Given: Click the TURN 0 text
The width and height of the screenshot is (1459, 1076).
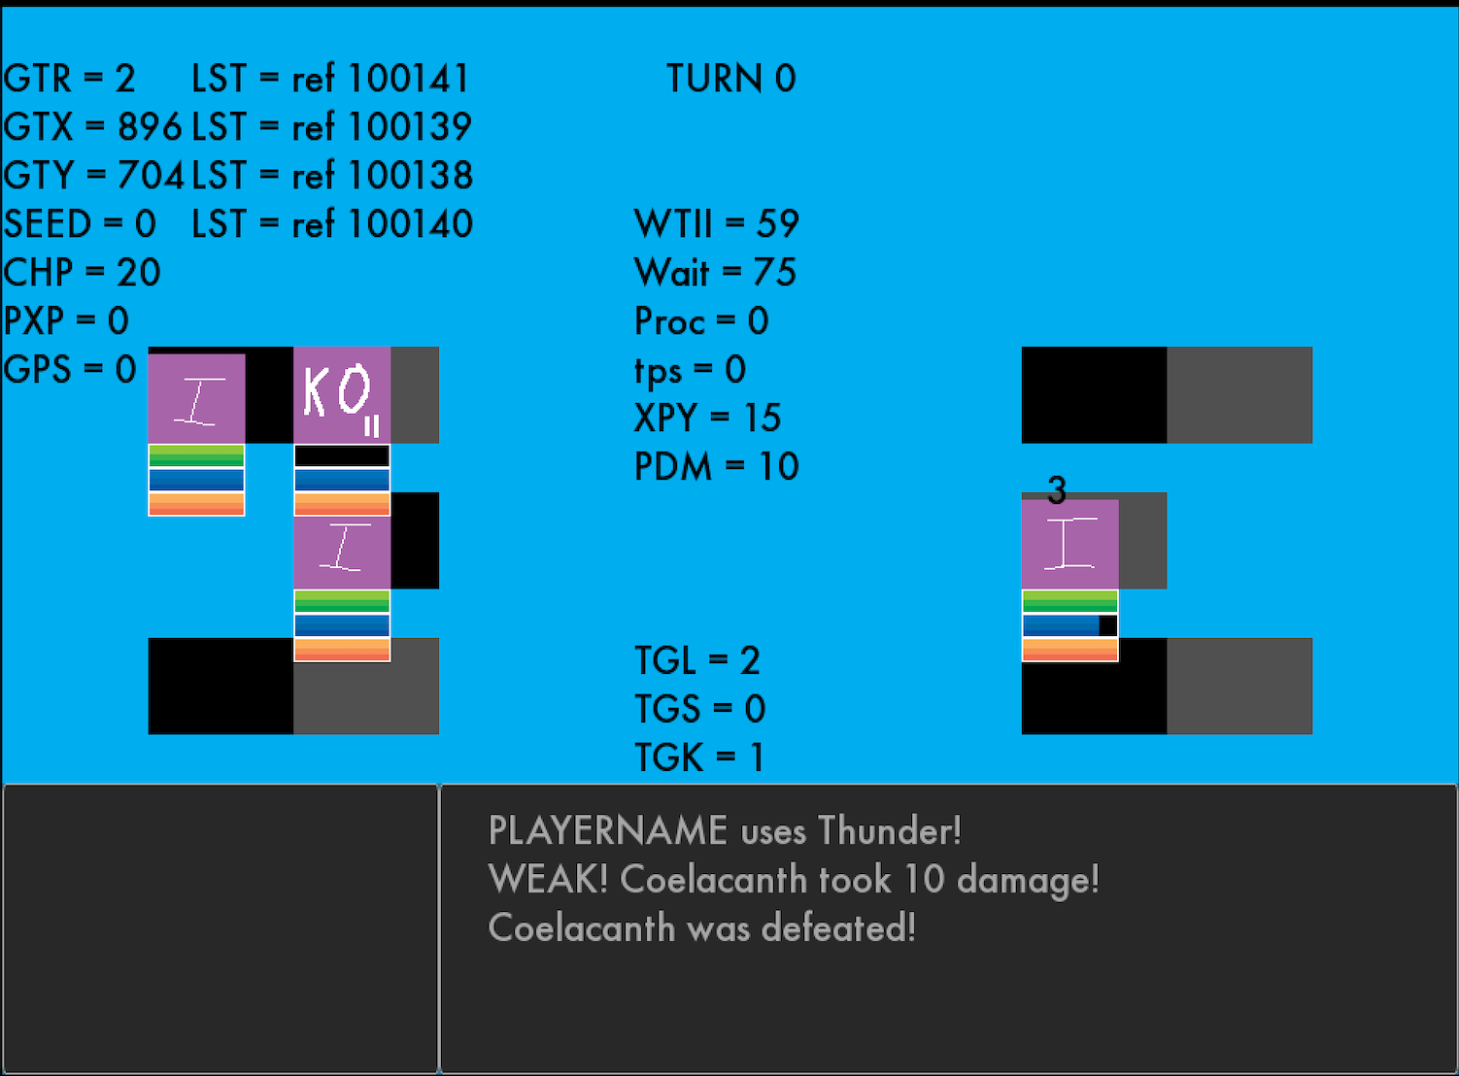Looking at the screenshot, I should pos(730,79).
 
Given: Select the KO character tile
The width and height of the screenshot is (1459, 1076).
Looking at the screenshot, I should pos(341,395).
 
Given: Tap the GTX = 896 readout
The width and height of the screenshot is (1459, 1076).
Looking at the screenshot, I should pos(92,127).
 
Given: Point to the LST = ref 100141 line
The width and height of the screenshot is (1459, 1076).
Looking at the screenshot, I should pos(330,79).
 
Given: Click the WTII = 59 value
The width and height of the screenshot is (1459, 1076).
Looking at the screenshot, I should pos(716,224).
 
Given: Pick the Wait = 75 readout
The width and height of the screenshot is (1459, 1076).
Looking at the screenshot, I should pos(715,273).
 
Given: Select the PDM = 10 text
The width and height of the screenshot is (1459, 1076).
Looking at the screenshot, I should pos(716,467).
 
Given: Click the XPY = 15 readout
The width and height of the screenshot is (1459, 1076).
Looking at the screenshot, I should pos(707,419).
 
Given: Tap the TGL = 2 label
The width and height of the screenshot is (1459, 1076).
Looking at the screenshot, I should pos(696,661).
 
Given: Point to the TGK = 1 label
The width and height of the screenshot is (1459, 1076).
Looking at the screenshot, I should pos(698,758).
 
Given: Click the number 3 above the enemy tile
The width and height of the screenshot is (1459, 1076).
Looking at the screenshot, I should pos(1057,490).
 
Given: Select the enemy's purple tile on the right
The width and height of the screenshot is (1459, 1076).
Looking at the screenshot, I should pos(1069,544).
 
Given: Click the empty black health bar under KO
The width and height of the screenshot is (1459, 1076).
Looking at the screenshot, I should pos(341,455).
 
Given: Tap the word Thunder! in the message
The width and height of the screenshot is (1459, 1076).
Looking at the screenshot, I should pos(889,831).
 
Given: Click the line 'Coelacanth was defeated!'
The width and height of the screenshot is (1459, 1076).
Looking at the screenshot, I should pos(701,928).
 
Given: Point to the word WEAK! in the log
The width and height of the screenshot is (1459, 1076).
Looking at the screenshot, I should pos(548,880).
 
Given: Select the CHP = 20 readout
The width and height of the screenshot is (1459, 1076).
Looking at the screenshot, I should pos(82,273).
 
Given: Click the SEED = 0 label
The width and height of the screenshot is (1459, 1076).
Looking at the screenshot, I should pos(80,224).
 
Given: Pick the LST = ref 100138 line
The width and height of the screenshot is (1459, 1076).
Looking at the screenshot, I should pos(332,176).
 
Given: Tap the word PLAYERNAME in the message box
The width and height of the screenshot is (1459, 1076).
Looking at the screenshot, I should pos(607,831).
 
